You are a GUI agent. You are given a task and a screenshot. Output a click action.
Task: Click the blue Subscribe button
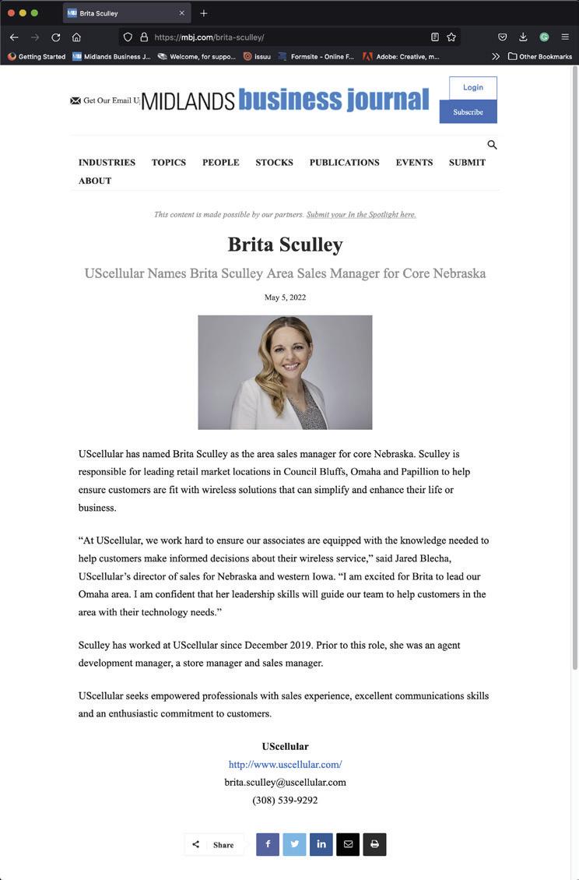click(468, 112)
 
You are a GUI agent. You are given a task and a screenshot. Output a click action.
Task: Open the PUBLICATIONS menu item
click(344, 163)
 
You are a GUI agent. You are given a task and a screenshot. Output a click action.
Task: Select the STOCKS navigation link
click(274, 163)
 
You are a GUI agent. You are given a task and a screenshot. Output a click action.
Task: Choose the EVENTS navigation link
click(414, 163)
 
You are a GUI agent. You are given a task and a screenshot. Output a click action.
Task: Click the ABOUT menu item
click(95, 181)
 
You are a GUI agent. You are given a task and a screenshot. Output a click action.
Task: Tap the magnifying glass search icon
click(492, 145)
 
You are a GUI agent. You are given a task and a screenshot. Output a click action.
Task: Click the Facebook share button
click(268, 844)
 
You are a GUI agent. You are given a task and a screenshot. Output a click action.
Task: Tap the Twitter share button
click(294, 844)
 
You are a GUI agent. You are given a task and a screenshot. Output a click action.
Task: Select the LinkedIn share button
click(321, 844)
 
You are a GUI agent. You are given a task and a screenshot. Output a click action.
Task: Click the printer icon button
click(374, 844)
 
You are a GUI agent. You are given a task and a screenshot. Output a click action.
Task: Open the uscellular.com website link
click(285, 765)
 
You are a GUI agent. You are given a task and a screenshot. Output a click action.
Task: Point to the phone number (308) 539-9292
click(285, 800)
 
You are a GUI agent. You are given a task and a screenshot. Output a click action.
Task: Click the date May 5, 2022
click(285, 297)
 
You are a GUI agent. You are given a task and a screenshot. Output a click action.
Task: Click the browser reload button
click(56, 37)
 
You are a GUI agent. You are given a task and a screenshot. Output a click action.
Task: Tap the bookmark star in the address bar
click(451, 37)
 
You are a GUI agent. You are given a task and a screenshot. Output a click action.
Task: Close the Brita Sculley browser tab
click(182, 13)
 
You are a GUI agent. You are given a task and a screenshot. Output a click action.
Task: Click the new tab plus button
click(204, 13)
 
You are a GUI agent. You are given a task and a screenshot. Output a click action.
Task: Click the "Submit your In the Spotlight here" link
click(361, 215)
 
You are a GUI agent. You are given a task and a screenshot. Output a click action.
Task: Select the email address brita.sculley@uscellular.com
click(285, 783)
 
